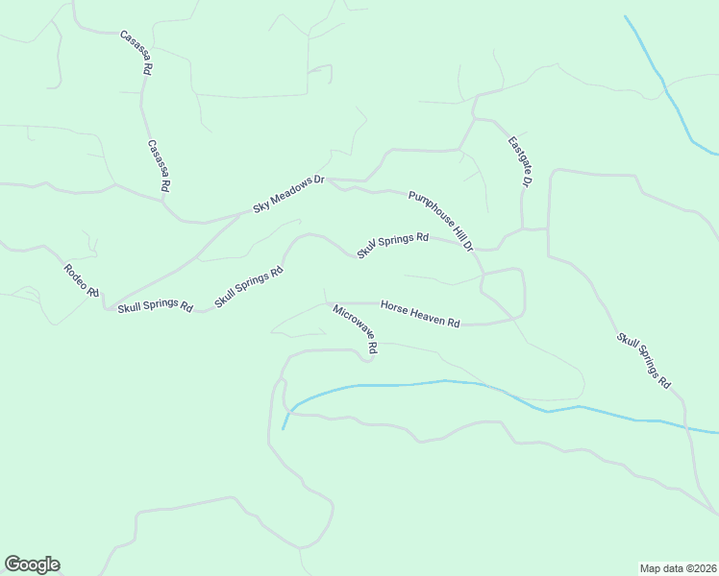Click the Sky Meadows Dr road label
pyautogui.click(x=289, y=193)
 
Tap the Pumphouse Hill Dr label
pyautogui.click(x=441, y=221)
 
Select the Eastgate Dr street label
pyautogui.click(x=520, y=160)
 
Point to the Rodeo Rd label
pyautogui.click(x=82, y=281)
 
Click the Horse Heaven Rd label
pyautogui.click(x=420, y=314)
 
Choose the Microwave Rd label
pyautogui.click(x=356, y=330)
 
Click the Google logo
pyautogui.click(x=32, y=564)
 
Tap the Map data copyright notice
pyautogui.click(x=679, y=567)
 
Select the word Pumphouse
pyautogui.click(x=430, y=210)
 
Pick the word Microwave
pyautogui.click(x=352, y=325)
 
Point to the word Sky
pyautogui.click(x=260, y=206)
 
